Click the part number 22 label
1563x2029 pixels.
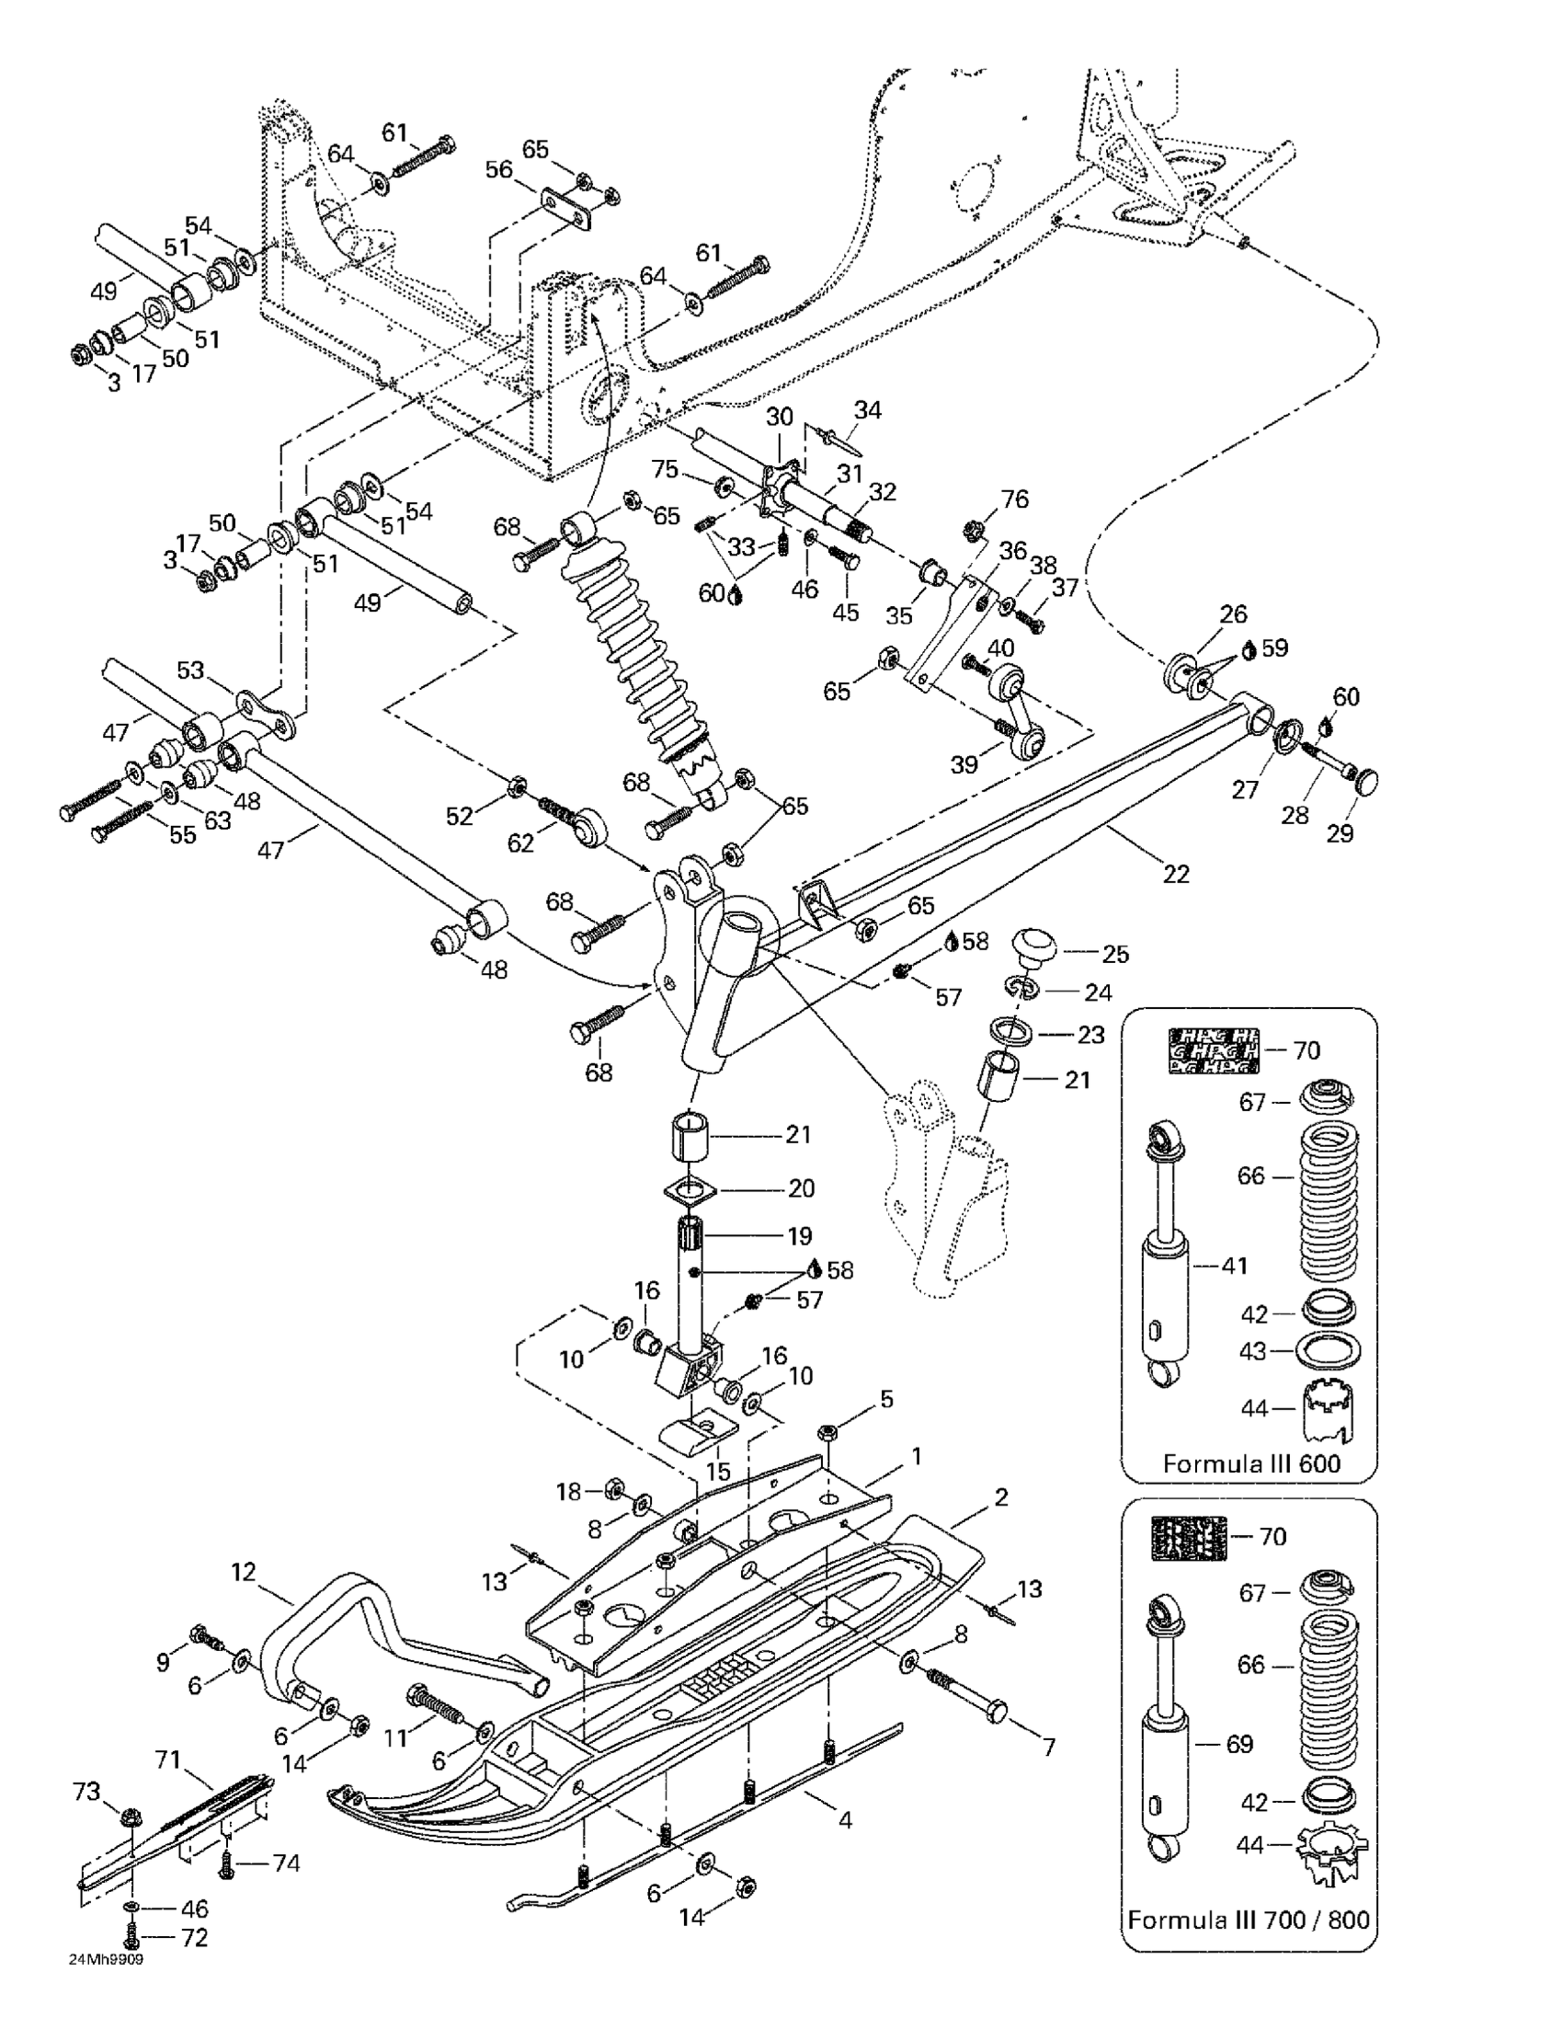(1176, 873)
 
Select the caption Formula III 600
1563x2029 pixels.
(1251, 1464)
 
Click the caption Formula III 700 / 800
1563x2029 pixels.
(1249, 1920)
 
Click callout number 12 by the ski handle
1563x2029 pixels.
(244, 1572)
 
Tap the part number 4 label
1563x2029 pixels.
(845, 1820)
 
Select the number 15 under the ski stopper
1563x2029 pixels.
(718, 1472)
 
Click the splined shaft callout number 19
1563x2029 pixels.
(800, 1235)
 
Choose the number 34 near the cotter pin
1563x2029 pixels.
(867, 409)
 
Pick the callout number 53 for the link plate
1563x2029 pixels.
(189, 670)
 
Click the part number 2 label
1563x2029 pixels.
(1000, 1496)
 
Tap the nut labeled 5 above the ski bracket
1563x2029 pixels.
(827, 1433)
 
